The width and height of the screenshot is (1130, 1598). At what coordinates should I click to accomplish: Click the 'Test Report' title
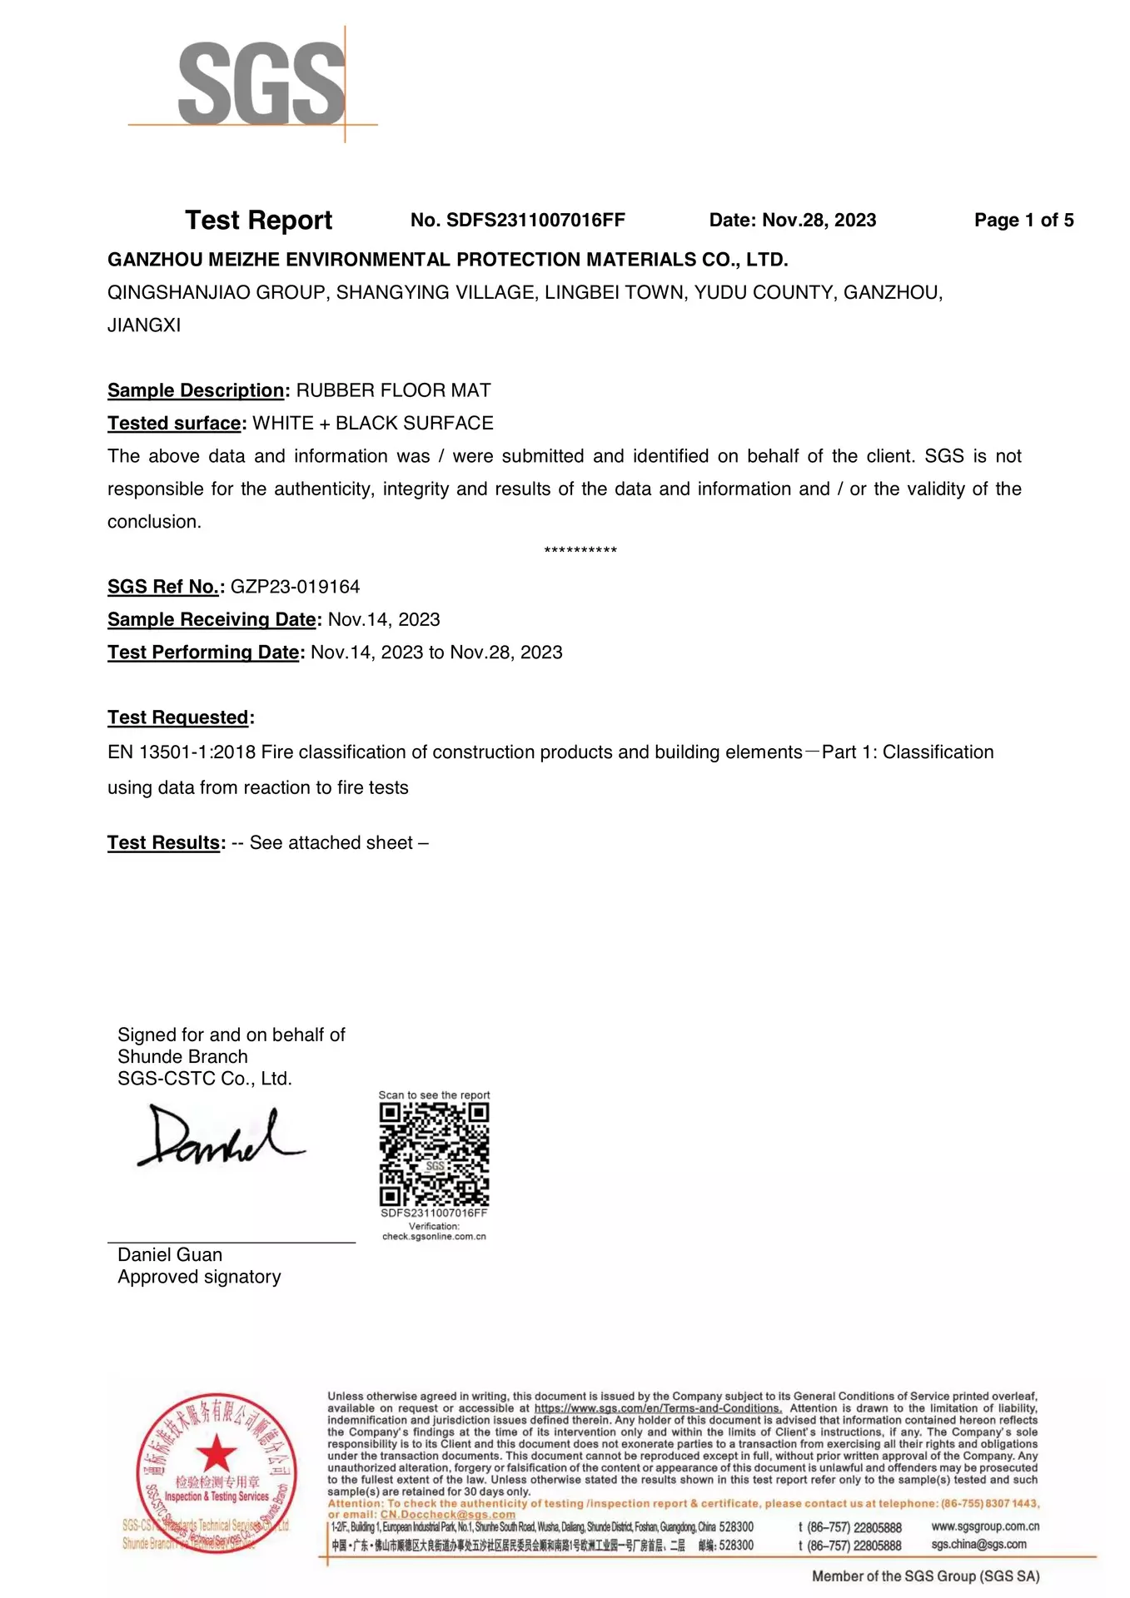coord(258,221)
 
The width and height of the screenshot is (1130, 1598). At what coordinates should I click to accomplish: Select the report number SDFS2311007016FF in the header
coord(535,221)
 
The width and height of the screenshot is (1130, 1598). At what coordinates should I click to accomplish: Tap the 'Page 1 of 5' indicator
coord(1023,221)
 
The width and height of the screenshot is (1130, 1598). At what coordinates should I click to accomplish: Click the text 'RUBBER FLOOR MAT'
coord(393,390)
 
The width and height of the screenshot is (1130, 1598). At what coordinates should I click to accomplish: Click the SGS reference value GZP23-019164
coord(295,587)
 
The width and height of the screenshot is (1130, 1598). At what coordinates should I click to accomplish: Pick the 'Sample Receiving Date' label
coord(212,620)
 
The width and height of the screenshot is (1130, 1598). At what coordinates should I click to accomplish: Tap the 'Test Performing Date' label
coord(204,653)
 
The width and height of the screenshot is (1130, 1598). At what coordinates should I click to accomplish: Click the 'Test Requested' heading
coord(179,717)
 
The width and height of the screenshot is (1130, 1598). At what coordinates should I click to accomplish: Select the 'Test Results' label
coord(165,843)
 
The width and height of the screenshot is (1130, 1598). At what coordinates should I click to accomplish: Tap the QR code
coord(434,1154)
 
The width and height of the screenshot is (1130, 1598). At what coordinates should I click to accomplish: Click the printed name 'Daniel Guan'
coord(170,1255)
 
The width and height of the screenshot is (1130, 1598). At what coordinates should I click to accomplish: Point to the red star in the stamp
coord(217,1453)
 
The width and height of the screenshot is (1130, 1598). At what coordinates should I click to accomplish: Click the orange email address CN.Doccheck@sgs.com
coord(448,1515)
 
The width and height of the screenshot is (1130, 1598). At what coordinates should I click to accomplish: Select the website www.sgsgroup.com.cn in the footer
coord(985,1526)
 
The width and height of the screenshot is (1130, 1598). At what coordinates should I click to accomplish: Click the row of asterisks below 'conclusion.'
coord(580,551)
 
